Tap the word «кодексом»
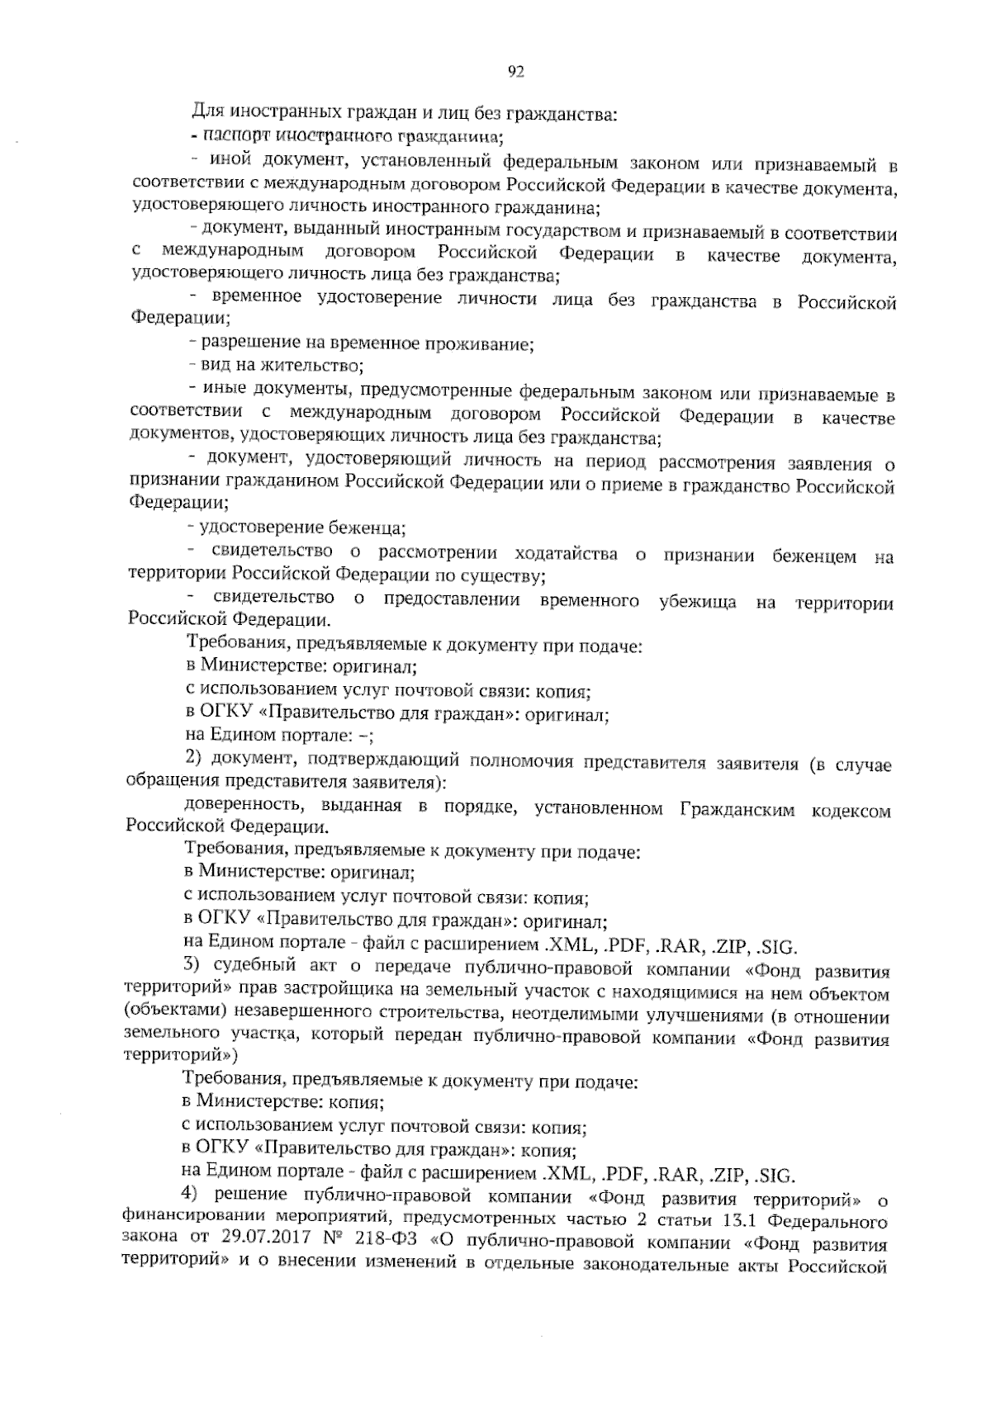853,811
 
